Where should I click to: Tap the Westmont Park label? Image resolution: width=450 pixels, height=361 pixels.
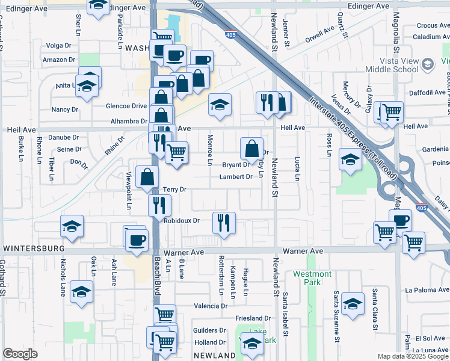click(x=312, y=278)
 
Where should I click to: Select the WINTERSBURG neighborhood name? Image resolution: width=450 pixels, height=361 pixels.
click(x=34, y=248)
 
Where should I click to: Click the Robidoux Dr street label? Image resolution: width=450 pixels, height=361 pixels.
click(x=181, y=221)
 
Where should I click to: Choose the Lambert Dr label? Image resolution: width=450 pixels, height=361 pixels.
click(x=235, y=177)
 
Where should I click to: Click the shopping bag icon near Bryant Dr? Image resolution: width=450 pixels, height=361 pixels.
click(x=251, y=148)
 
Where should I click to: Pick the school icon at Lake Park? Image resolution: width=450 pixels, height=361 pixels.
click(x=252, y=342)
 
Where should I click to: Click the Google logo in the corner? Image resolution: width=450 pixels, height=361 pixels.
click(x=20, y=354)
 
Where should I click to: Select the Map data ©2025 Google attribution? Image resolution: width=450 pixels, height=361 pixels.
click(x=412, y=356)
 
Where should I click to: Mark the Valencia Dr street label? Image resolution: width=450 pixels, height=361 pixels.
click(x=211, y=306)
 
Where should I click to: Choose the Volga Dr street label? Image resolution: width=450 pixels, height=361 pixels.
click(x=58, y=45)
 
